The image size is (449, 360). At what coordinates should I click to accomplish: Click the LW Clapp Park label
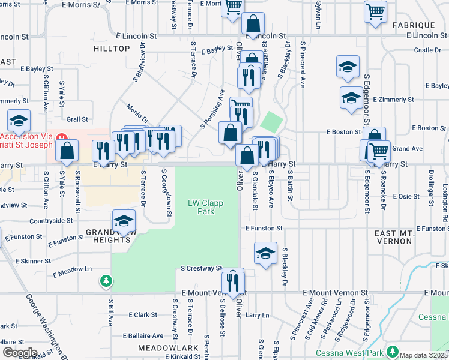tap(205, 207)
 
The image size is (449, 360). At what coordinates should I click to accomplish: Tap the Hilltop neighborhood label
tap(112, 48)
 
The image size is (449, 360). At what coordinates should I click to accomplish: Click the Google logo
tap(19, 353)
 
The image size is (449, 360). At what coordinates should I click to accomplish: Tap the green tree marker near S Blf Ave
tap(106, 280)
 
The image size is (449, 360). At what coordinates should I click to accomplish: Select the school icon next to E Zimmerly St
tap(351, 98)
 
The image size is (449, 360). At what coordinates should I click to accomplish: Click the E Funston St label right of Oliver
tap(263, 229)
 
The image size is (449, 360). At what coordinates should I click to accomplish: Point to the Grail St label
tap(77, 119)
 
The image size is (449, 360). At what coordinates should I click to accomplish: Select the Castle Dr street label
tap(427, 50)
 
